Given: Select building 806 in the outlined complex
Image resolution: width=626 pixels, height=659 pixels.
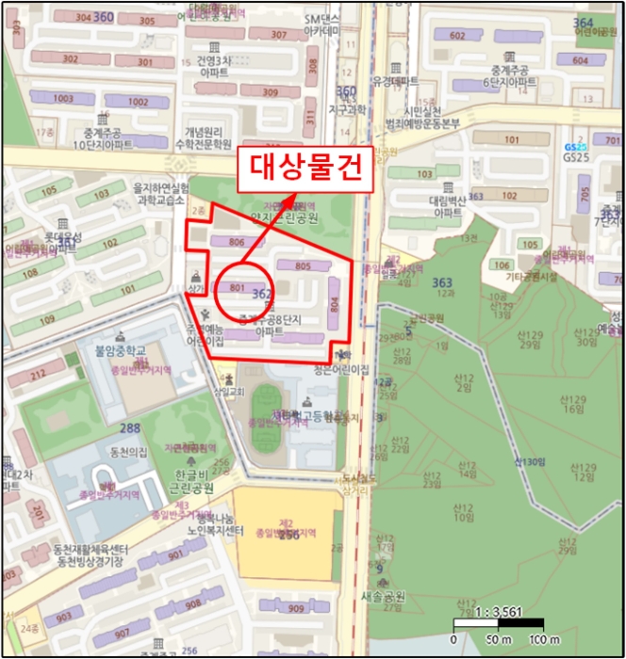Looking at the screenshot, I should pyautogui.click(x=237, y=243).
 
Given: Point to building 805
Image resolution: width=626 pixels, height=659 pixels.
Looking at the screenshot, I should pyautogui.click(x=302, y=267).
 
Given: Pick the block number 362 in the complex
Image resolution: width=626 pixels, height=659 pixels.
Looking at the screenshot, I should pyautogui.click(x=263, y=295).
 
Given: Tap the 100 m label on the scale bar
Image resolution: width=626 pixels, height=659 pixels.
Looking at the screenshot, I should pyautogui.click(x=534, y=641).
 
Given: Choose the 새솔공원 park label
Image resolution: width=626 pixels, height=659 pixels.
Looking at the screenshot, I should pyautogui.click(x=384, y=596).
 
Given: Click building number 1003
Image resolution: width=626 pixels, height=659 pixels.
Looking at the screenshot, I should pyautogui.click(x=63, y=99).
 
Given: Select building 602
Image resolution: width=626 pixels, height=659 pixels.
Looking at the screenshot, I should pyautogui.click(x=458, y=36).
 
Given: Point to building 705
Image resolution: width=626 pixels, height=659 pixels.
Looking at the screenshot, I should pyautogui.click(x=585, y=195).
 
